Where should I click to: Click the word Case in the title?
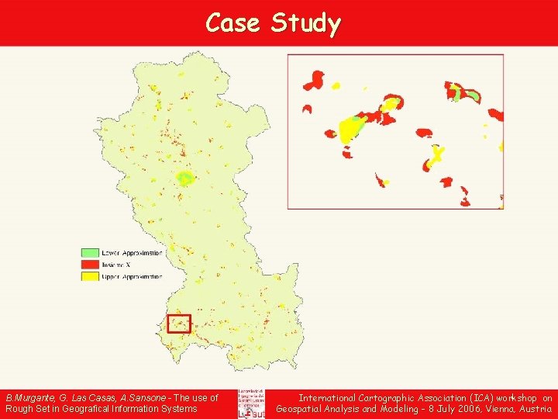tap(233, 23)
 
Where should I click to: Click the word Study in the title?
tap(305, 24)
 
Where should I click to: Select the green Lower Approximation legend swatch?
tap(91, 253)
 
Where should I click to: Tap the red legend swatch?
tap(91, 265)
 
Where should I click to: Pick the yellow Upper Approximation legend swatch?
tap(91, 276)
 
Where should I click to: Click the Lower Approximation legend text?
tap(133, 253)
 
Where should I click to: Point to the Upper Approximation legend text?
tap(133, 276)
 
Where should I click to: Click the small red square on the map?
tap(179, 323)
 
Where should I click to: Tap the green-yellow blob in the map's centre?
tap(185, 178)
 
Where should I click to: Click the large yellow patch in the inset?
tap(351, 129)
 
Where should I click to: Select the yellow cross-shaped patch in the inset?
tap(437, 154)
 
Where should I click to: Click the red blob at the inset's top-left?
tap(315, 79)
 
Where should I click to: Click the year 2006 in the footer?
tap(470, 409)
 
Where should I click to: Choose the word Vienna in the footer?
tap(505, 409)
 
